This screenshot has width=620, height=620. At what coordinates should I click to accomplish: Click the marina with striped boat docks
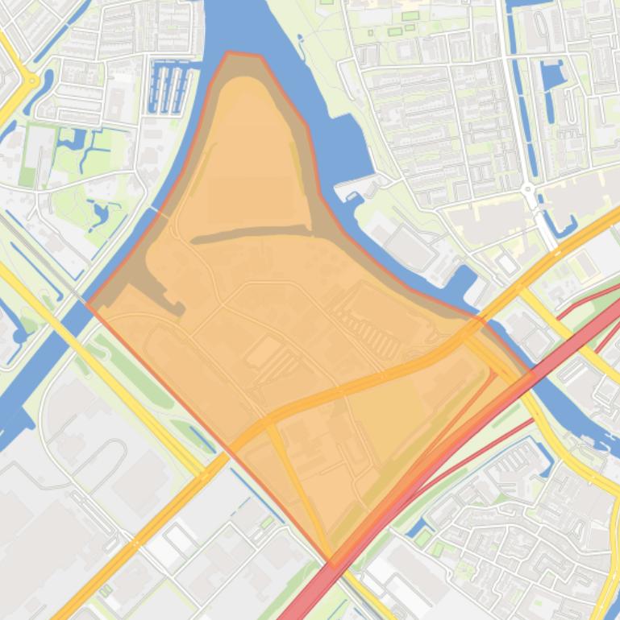[170, 88]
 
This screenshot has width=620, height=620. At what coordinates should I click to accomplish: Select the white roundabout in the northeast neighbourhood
[529, 191]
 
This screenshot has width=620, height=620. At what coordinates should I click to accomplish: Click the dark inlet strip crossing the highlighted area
[250, 234]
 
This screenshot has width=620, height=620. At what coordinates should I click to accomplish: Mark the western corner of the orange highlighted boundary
[88, 306]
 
